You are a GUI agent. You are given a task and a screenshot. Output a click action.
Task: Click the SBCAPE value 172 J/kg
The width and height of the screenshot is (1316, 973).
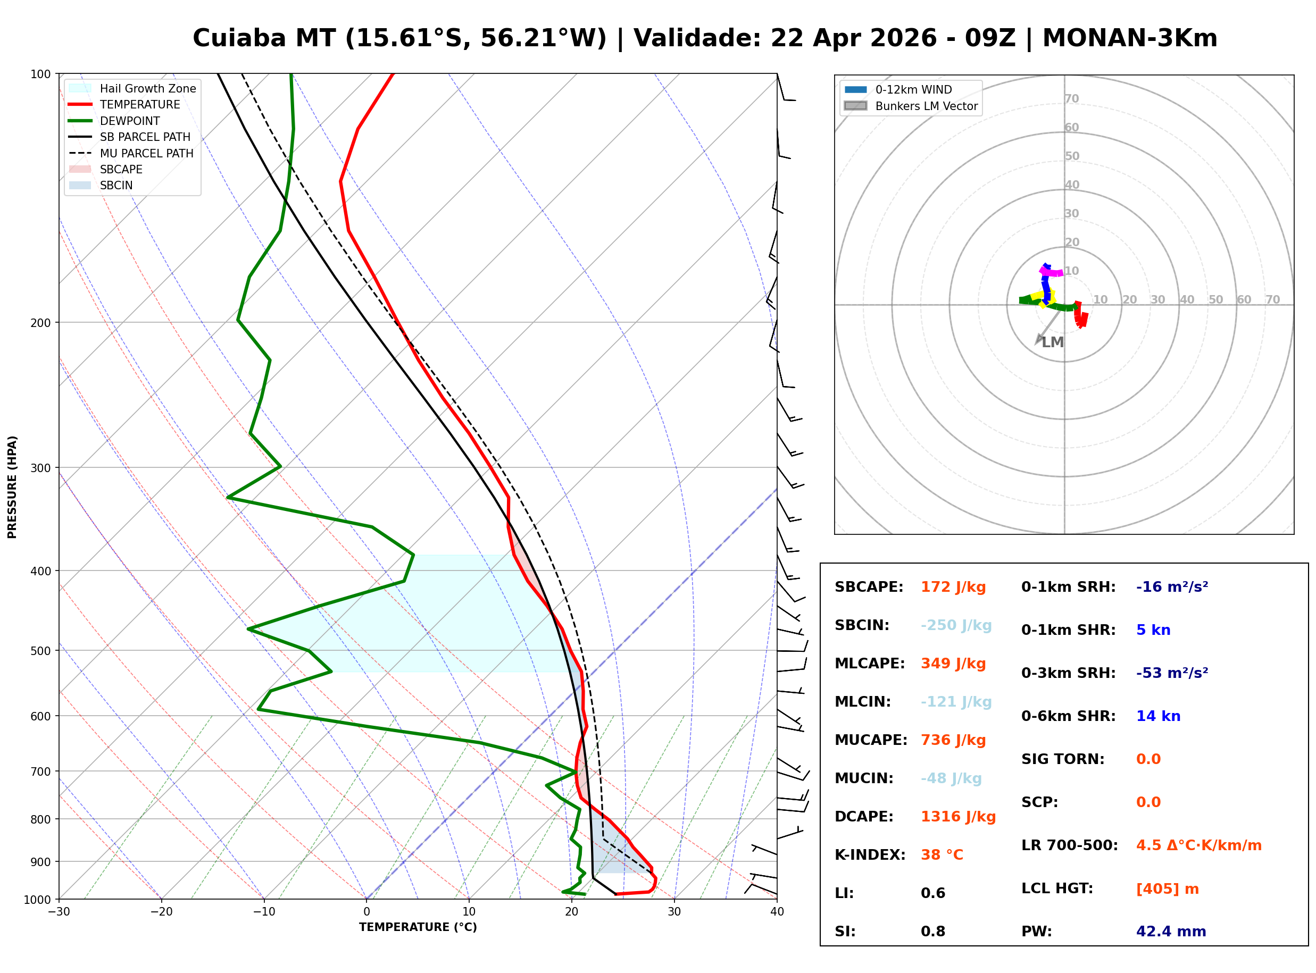(953, 587)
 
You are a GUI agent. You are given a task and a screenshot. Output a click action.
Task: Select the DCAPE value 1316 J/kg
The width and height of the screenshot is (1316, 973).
(958, 817)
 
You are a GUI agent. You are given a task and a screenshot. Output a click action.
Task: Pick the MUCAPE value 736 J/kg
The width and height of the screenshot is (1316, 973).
(953, 740)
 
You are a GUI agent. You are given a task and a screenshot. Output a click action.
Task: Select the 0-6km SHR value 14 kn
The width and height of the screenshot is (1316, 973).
(1157, 716)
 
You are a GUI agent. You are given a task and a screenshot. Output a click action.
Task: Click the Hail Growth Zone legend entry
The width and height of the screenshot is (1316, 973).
(147, 88)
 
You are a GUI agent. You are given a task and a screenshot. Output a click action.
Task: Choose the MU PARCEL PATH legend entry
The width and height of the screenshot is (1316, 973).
(146, 153)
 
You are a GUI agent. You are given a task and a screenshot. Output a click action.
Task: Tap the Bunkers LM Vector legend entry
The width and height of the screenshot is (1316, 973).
(926, 106)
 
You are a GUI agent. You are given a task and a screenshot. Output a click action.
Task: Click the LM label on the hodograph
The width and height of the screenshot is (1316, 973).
(1052, 342)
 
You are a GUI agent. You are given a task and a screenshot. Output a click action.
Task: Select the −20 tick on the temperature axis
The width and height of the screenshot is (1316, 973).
(161, 912)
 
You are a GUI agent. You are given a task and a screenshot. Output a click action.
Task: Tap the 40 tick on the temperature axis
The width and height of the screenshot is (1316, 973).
(777, 912)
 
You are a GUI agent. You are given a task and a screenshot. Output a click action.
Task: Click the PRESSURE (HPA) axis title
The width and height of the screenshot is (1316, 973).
(12, 486)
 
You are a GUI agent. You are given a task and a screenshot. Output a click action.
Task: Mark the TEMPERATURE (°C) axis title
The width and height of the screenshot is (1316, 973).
(418, 927)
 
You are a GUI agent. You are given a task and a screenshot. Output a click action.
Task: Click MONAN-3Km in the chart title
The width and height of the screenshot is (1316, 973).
(1129, 38)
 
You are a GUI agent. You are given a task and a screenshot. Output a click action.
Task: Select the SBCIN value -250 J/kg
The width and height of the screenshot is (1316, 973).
(955, 625)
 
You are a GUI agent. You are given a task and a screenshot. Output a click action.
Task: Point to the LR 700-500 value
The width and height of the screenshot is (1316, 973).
(1198, 846)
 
